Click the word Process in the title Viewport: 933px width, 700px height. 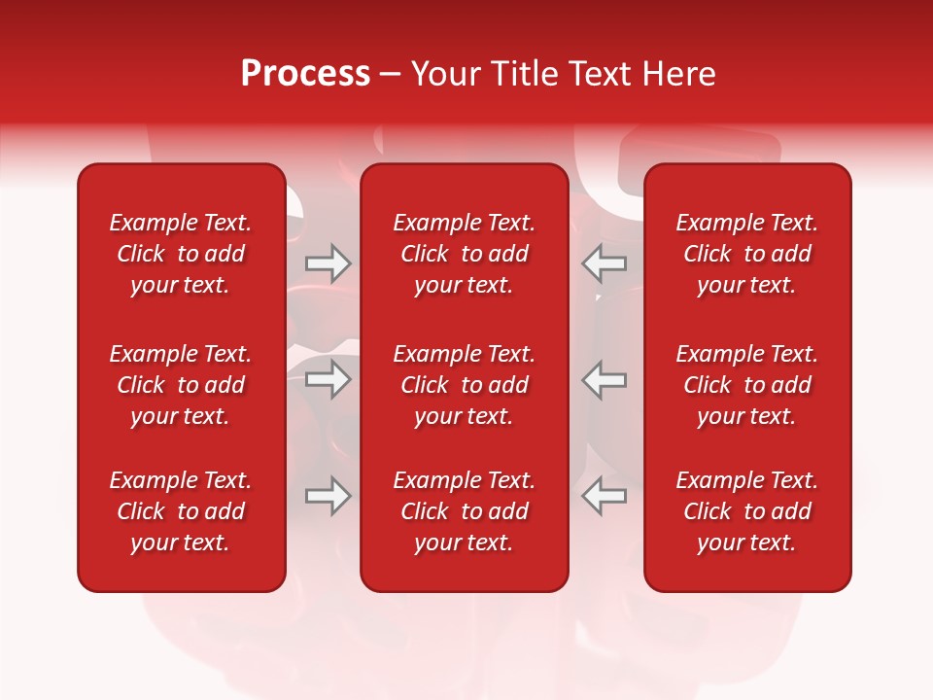click(305, 74)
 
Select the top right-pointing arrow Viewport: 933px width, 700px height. click(328, 262)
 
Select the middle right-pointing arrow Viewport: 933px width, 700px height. click(328, 379)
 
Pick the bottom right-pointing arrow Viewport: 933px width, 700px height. click(328, 496)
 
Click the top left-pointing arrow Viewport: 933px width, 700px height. click(605, 262)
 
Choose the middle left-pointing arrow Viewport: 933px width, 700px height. click(605, 379)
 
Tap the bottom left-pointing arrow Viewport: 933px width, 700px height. click(605, 496)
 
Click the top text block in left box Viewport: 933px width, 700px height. click(181, 254)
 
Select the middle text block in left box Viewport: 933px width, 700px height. click(181, 385)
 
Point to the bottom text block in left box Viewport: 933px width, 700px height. click(181, 511)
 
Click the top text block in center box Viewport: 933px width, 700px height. click(464, 254)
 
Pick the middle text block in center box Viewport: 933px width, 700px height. click(464, 385)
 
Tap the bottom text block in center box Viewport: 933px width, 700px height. click(464, 511)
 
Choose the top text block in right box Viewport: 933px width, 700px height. click(746, 254)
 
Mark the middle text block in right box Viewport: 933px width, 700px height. click(746, 385)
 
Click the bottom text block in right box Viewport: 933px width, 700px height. click(746, 511)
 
